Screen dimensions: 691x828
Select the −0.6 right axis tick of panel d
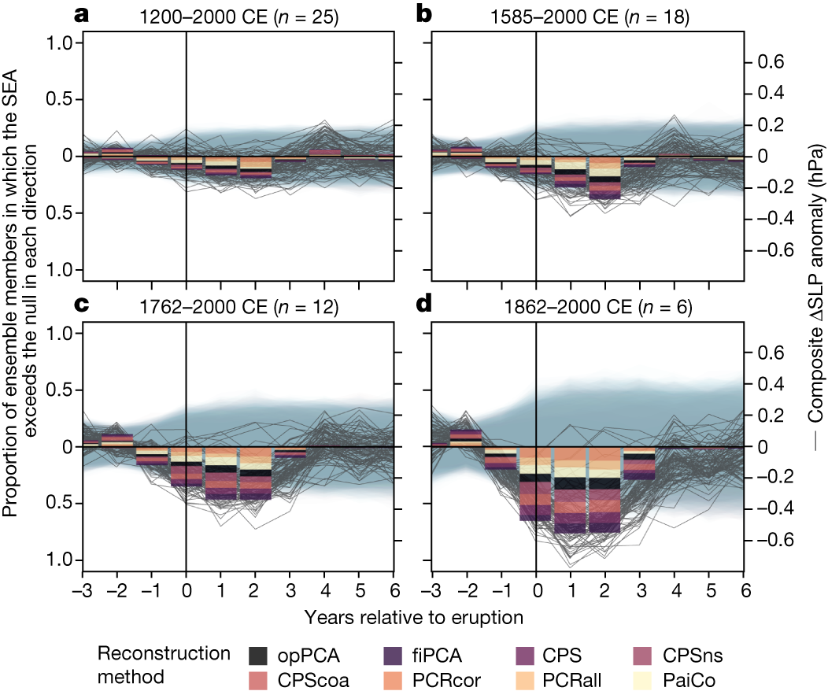tap(771, 541)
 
